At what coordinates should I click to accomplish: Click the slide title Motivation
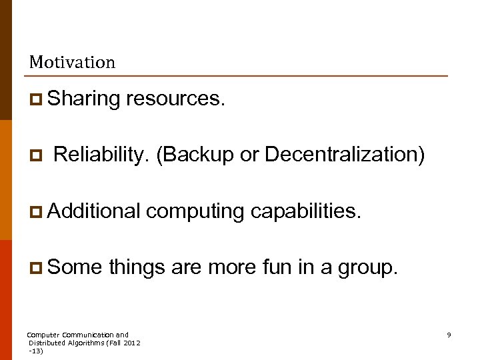pos(72,63)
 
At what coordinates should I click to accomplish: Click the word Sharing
pos(83,99)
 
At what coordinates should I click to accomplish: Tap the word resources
pos(175,99)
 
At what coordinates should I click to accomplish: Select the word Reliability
pos(101,155)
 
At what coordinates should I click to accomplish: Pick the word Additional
pos(94,211)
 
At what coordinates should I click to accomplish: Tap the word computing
pos(195,211)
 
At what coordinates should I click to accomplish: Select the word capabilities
pos(306,211)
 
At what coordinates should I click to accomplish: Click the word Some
pos(75,267)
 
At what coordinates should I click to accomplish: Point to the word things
pos(137,267)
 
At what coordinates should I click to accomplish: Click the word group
pos(367,268)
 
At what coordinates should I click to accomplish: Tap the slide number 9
pos(449,335)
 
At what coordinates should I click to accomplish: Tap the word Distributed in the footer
pos(46,343)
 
